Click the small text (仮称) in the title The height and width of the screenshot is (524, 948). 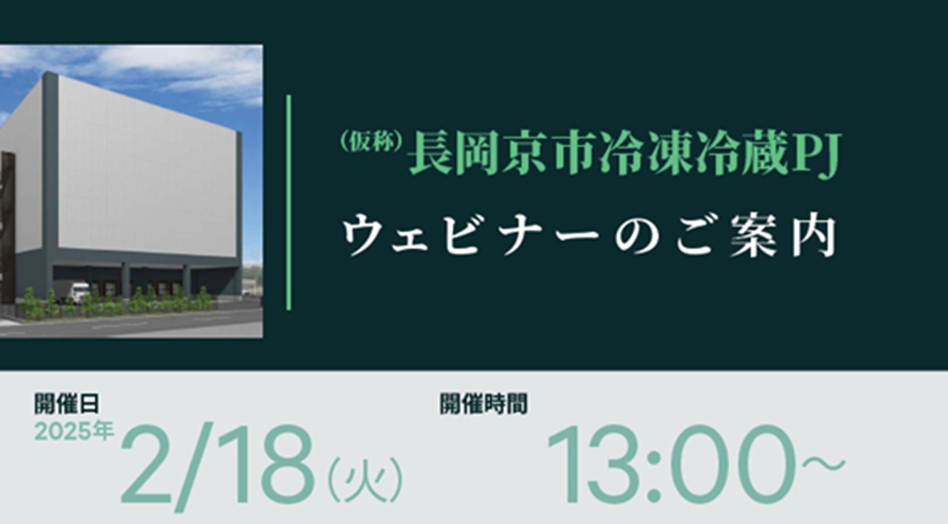point(372,142)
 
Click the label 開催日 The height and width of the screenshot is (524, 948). point(66,404)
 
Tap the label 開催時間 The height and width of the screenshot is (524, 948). point(483,404)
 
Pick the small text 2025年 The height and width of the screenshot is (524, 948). point(74,431)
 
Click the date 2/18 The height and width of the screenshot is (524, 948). point(218,463)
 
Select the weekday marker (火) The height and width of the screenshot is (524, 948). point(365,479)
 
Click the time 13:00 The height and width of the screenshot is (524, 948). point(670,464)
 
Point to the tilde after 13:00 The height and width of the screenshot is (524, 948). point(824,464)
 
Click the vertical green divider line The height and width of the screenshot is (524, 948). point(288,203)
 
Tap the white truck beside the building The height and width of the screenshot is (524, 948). point(80,292)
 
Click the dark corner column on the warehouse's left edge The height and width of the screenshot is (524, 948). point(49,181)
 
